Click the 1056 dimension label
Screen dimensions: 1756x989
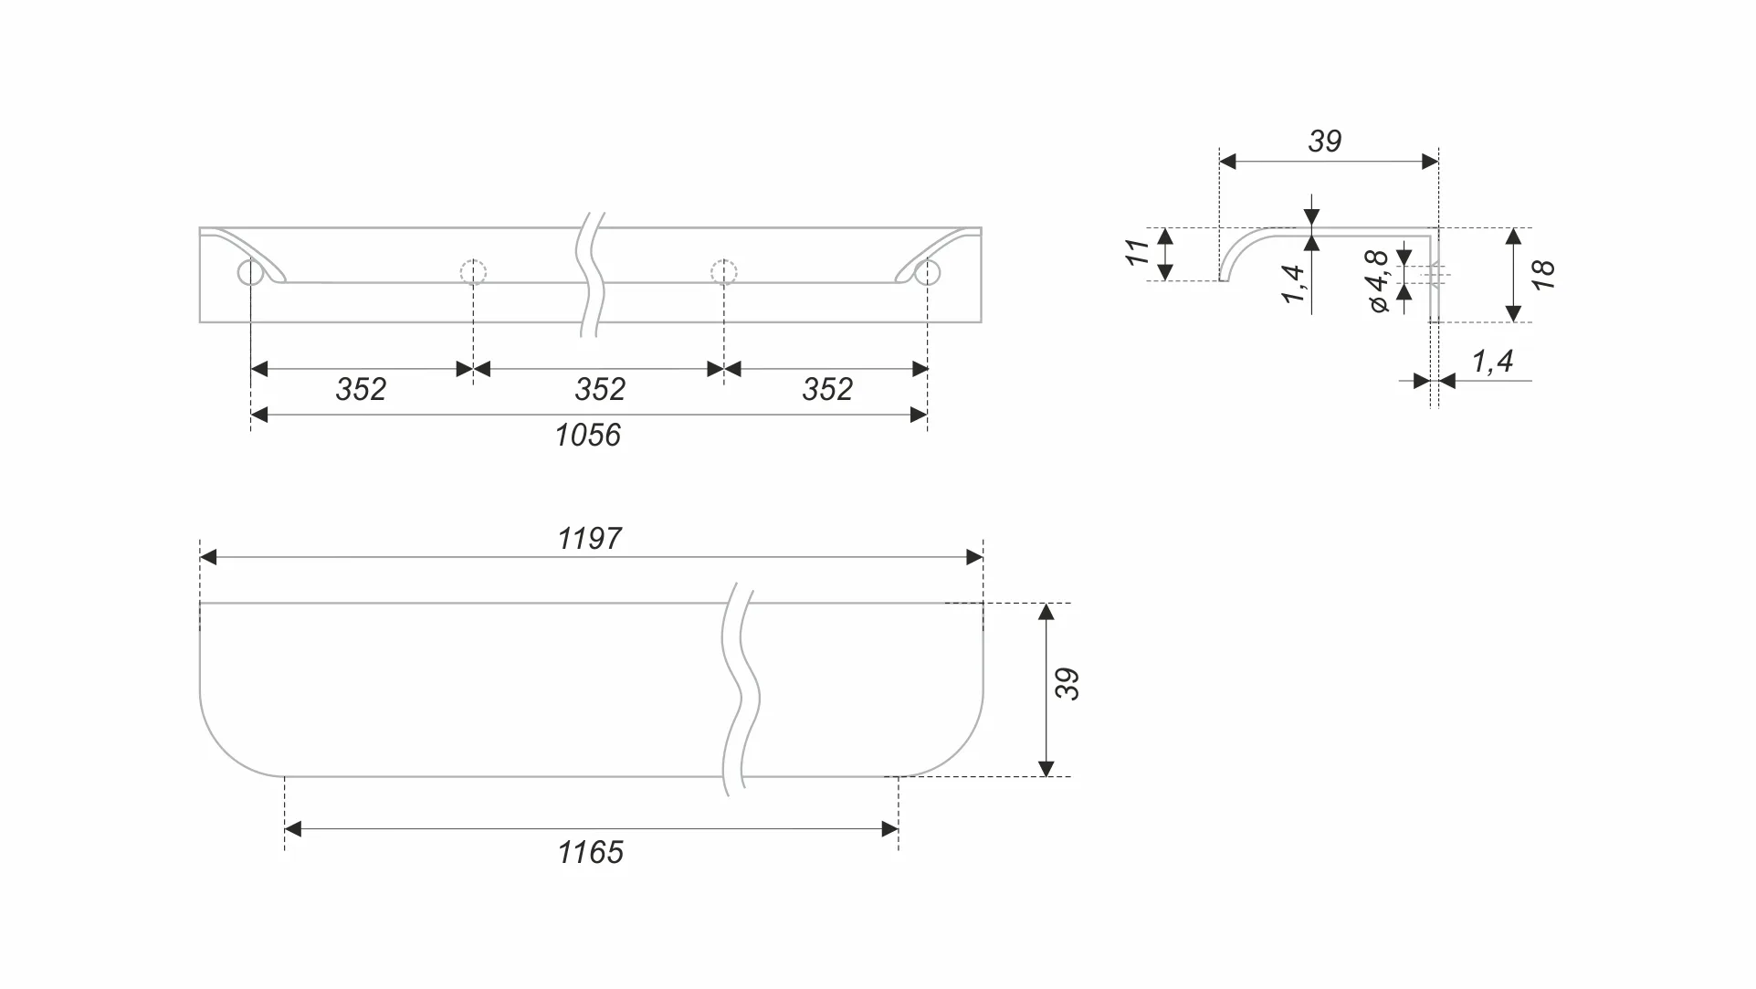(588, 435)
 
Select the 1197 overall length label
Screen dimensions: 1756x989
(590, 539)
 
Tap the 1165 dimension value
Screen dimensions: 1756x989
(591, 852)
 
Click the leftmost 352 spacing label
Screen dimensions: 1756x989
(361, 389)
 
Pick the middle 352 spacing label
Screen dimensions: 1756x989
(600, 389)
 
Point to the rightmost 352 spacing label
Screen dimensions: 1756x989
(827, 389)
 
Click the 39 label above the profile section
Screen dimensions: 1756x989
(1325, 141)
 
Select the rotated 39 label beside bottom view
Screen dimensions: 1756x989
(1067, 684)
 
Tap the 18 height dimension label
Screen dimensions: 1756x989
(1543, 275)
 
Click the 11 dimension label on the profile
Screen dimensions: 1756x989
(1137, 252)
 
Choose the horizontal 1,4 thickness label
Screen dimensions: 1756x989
(1492, 362)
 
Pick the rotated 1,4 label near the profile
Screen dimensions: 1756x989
(1293, 284)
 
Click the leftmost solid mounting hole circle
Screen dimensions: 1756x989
(250, 272)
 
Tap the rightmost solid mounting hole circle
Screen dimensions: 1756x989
(927, 272)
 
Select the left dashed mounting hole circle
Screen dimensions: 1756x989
(473, 272)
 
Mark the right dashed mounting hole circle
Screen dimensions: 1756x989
(723, 272)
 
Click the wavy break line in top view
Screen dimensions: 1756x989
(591, 275)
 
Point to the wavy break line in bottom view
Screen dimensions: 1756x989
(741, 689)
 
